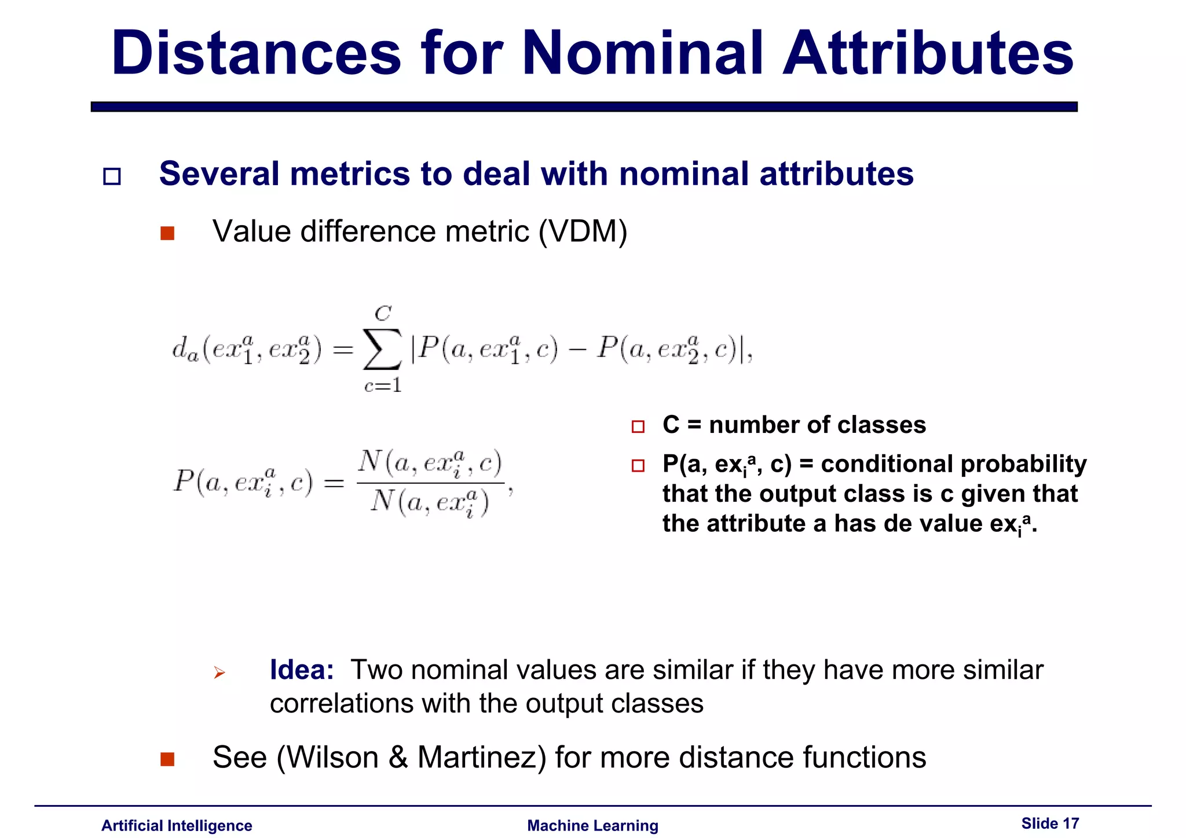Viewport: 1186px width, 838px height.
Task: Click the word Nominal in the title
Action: pos(643,53)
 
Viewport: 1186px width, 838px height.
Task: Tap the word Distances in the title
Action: pos(256,53)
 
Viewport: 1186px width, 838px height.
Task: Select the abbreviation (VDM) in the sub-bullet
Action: pos(583,231)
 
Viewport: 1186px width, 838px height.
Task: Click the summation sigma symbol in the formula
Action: pos(382,349)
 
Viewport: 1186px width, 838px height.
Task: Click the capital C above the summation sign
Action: pos(383,314)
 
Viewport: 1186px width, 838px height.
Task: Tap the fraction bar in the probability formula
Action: pos(430,483)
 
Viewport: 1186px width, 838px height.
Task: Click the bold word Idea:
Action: pos(302,670)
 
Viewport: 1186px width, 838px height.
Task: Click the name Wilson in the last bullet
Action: pos(332,757)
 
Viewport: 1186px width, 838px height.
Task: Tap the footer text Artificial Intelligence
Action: pos(177,825)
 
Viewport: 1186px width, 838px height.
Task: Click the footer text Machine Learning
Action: pos(592,825)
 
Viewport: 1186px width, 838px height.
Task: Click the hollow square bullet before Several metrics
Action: pos(112,176)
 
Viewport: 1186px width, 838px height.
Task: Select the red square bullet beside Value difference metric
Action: pos(167,233)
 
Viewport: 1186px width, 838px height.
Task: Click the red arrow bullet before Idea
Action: pos(219,672)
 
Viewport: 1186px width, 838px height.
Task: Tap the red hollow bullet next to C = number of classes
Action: pos(638,427)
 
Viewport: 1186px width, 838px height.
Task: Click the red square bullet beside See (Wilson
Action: pos(167,759)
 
